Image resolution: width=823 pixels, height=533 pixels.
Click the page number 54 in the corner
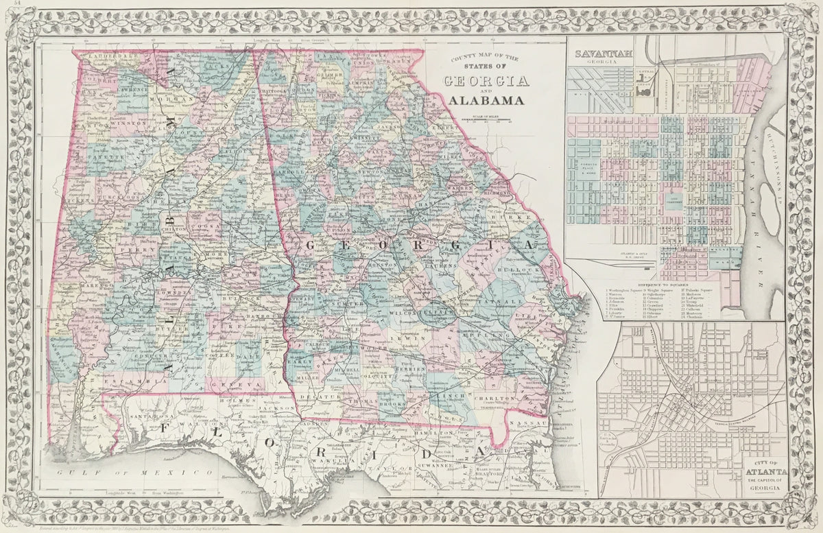(x=7, y=5)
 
